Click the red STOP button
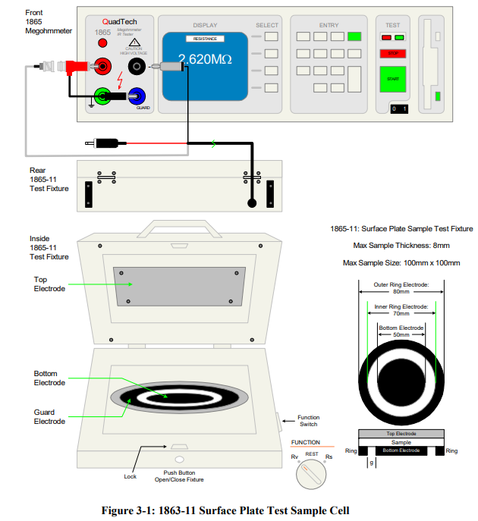[393, 54]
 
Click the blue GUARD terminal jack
[137, 96]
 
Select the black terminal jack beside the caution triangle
[137, 67]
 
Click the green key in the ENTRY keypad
[354, 36]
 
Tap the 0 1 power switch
[398, 108]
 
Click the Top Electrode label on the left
[51, 284]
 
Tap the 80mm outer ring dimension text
[401, 289]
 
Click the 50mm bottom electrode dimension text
[401, 333]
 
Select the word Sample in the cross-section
[401, 441]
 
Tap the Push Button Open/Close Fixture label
[179, 475]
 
